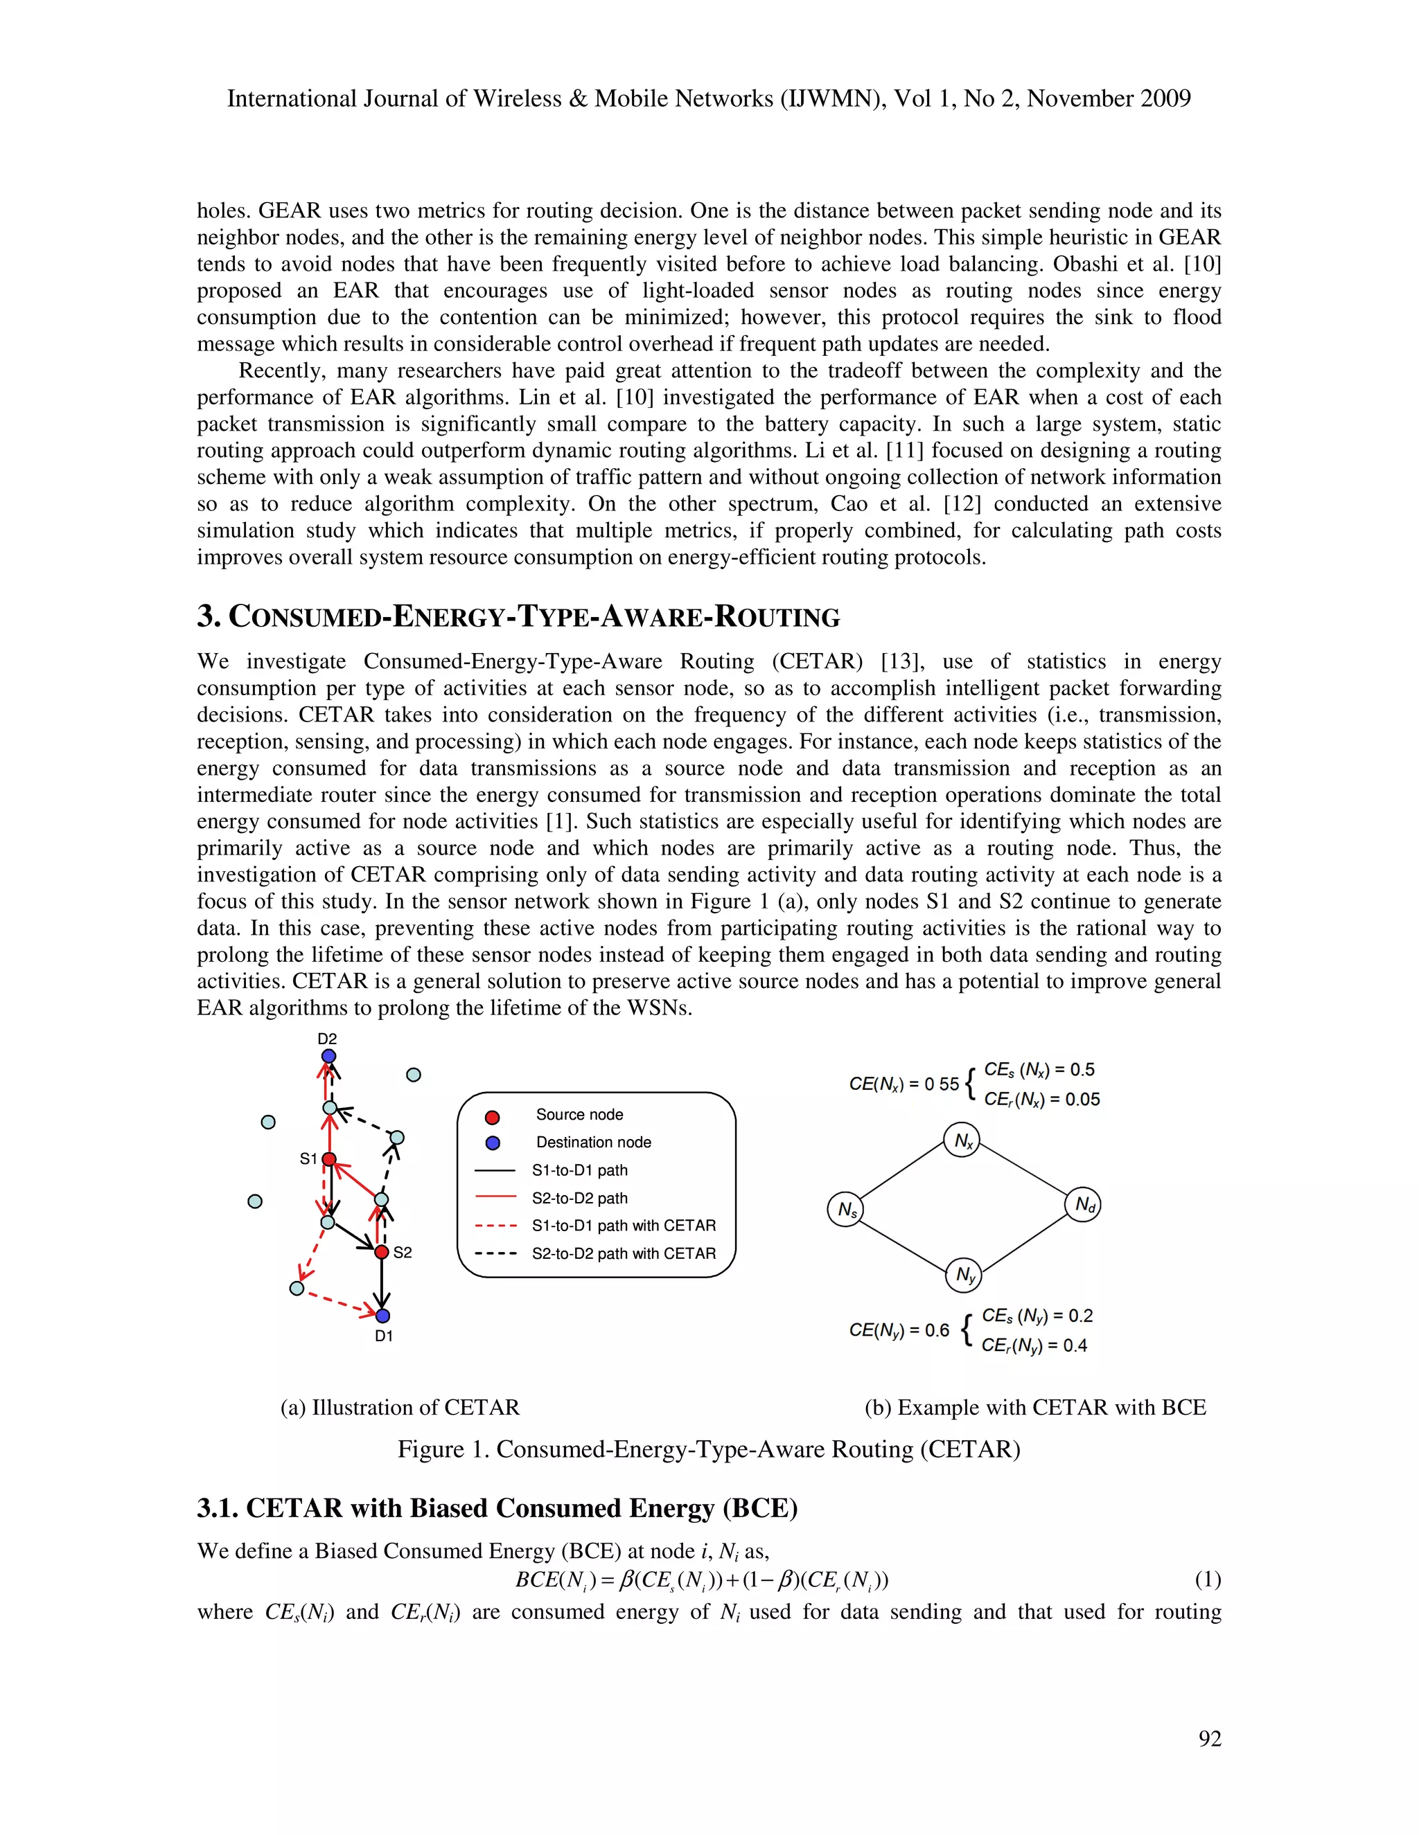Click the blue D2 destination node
(x=328, y=1056)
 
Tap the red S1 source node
(x=330, y=1159)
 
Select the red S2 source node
(x=382, y=1252)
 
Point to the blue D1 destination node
(x=382, y=1316)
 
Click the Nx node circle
(x=962, y=1140)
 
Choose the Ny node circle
(x=964, y=1275)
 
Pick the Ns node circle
(x=846, y=1210)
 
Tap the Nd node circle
(x=1083, y=1205)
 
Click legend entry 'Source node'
(x=579, y=1115)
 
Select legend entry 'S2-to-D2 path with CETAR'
(x=623, y=1253)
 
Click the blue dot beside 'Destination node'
(x=493, y=1143)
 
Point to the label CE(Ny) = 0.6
(x=899, y=1330)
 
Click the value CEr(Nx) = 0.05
(x=1041, y=1100)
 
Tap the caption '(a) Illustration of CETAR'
(x=400, y=1407)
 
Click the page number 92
(x=1210, y=1739)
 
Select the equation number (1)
(x=1207, y=1580)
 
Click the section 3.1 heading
(x=497, y=1508)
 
